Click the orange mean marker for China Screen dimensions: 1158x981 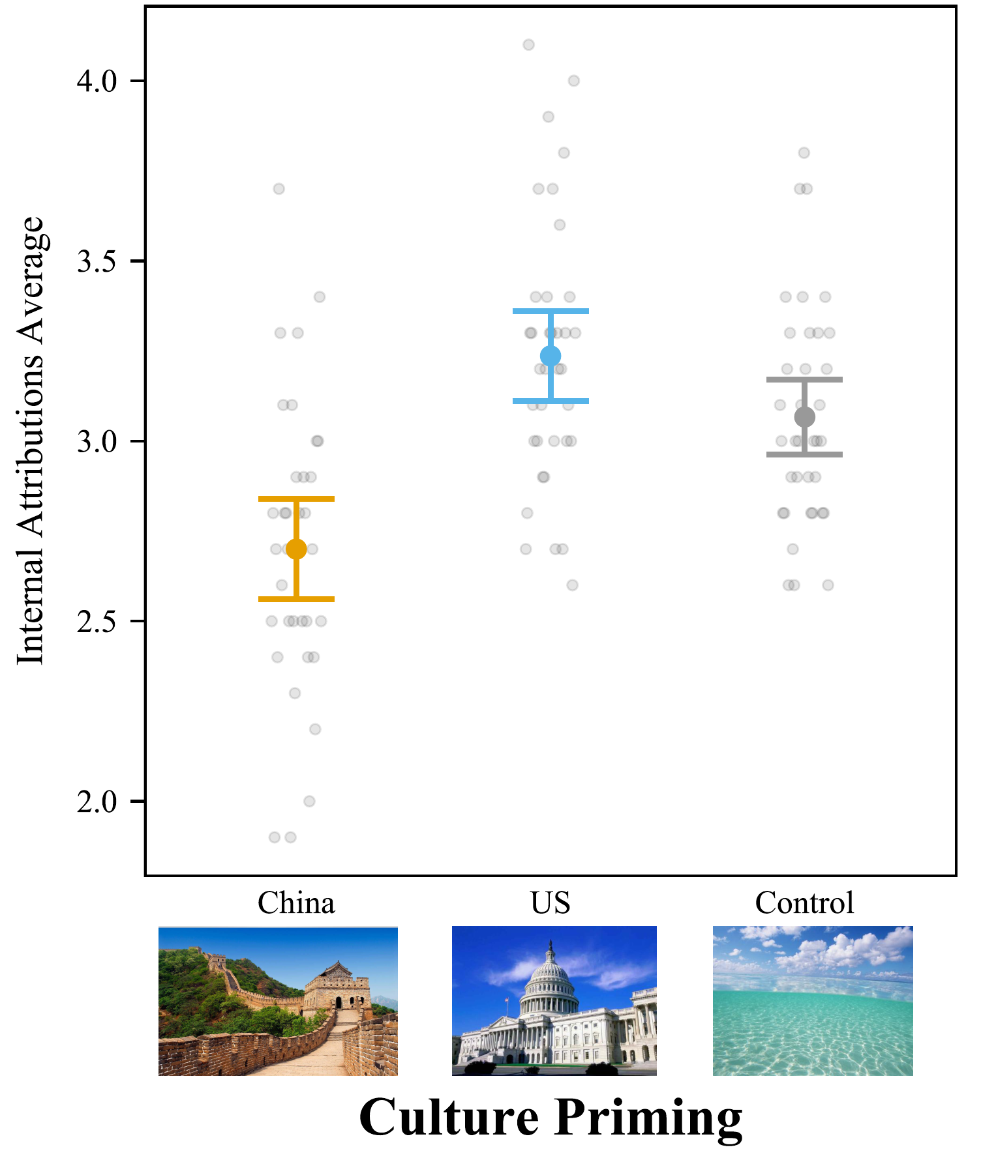click(x=296, y=549)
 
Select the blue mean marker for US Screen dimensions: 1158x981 click(x=551, y=356)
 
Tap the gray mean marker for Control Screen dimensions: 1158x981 click(x=804, y=417)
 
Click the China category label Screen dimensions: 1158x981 click(x=296, y=903)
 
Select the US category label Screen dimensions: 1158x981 click(x=551, y=903)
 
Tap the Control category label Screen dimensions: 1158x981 click(x=804, y=903)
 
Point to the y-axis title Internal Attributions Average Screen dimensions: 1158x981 click(x=31, y=441)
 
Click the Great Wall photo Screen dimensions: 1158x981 click(x=278, y=1001)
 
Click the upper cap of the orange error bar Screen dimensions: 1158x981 click(x=296, y=499)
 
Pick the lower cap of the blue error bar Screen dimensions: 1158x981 click(x=551, y=401)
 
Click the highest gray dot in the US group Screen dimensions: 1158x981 click(x=528, y=45)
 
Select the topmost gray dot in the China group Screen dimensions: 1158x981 click(x=279, y=189)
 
